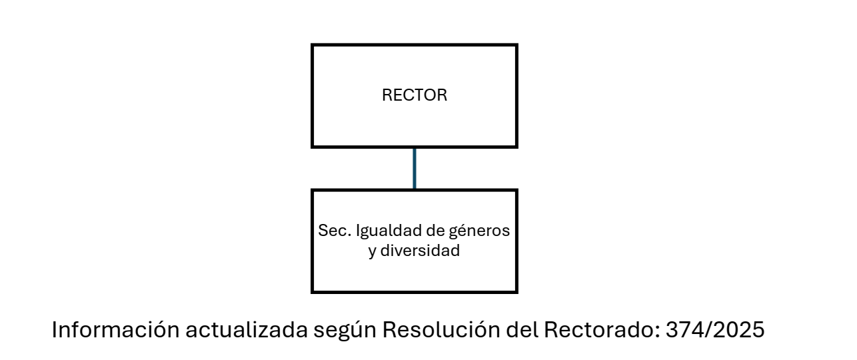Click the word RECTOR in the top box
[414, 95]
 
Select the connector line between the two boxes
[415, 168]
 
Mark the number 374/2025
[716, 330]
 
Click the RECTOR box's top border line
[414, 45]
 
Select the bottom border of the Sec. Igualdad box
[414, 291]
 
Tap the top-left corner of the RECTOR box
[313, 45]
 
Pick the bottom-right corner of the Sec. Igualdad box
[516, 291]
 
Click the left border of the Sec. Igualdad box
[313, 241]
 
